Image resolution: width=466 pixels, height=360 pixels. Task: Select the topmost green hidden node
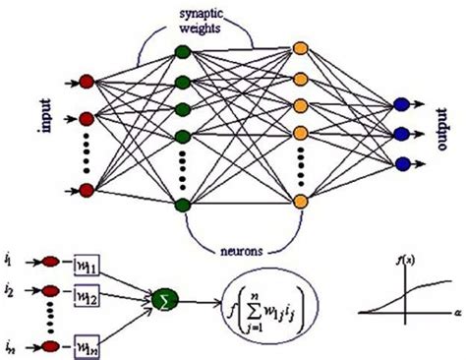180,50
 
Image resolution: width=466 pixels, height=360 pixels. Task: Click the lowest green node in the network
180,205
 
